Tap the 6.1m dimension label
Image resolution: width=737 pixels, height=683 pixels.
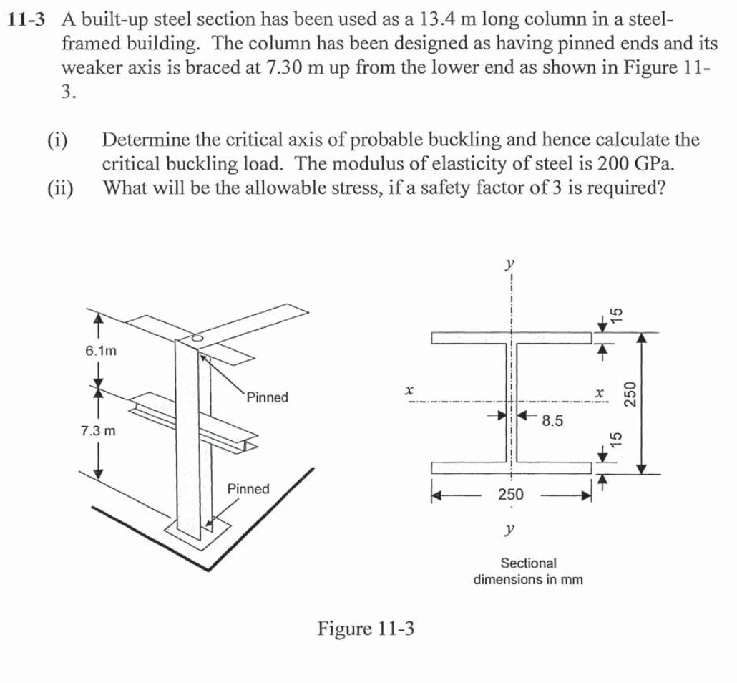click(101, 352)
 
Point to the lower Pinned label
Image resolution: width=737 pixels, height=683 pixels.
click(248, 489)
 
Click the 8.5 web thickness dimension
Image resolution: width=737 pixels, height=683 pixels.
click(552, 421)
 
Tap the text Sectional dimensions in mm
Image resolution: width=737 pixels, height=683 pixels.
click(528, 571)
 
